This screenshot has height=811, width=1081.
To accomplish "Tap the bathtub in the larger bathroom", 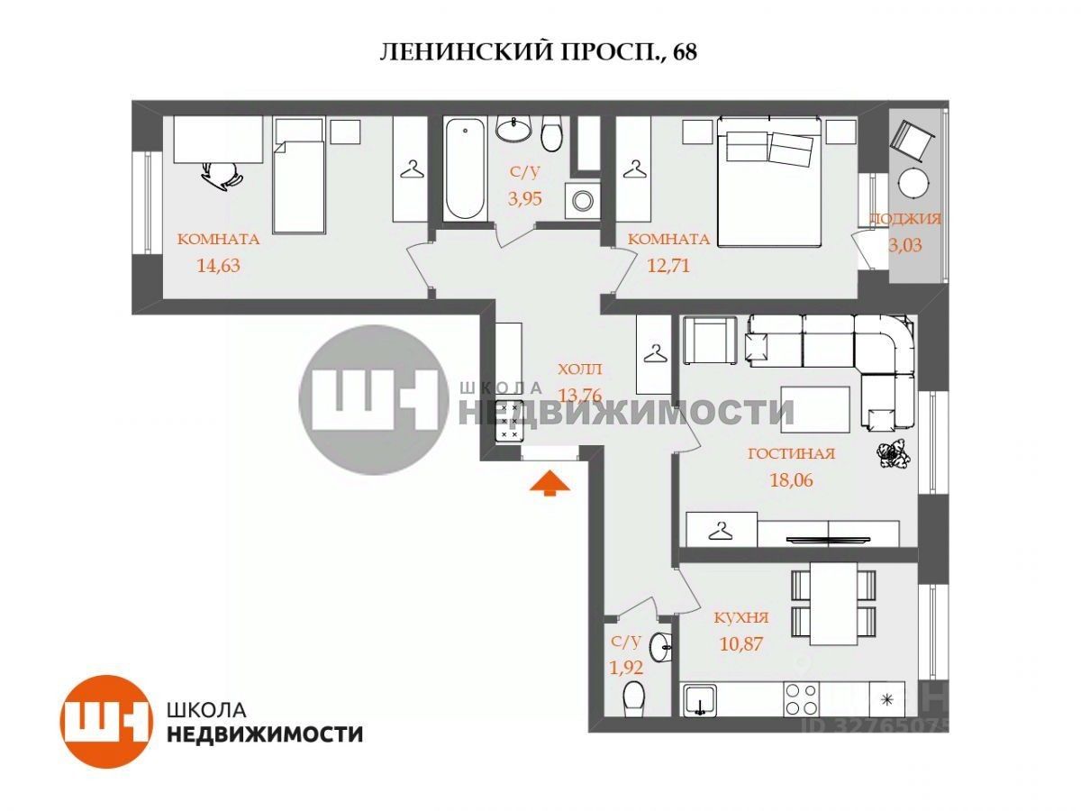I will [464, 169].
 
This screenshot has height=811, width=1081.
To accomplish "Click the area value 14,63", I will [217, 265].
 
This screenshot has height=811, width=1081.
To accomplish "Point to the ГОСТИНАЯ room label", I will [791, 454].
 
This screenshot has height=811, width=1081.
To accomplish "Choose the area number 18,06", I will [791, 480].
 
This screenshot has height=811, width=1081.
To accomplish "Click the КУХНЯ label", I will [740, 618].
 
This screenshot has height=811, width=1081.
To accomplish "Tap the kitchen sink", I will [699, 699].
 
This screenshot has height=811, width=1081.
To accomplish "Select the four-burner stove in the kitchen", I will [802, 698].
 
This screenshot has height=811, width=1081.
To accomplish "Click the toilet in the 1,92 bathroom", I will [635, 698].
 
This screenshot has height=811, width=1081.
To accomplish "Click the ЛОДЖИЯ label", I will [904, 218].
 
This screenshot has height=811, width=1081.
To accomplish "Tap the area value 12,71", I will [668, 265].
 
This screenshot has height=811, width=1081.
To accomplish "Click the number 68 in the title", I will [684, 52].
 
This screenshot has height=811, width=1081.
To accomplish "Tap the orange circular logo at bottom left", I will [104, 720].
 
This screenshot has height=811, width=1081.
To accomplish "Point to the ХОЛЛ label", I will [578, 369].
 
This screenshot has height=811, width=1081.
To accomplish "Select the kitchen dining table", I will [832, 603].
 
